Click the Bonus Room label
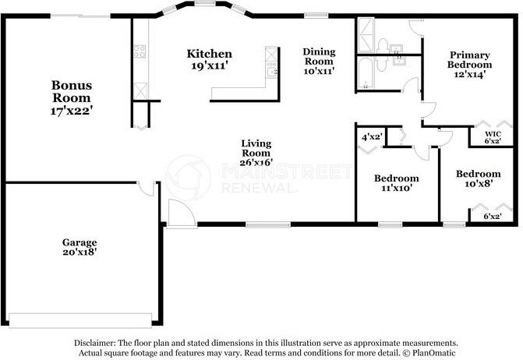point(72,98)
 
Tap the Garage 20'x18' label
point(79,247)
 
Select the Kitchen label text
point(209,59)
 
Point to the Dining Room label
point(318,61)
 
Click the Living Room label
point(256,153)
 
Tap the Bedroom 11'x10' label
point(397,182)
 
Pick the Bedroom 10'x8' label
point(478,179)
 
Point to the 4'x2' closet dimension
point(371,137)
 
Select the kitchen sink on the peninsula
point(270,72)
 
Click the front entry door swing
point(178,212)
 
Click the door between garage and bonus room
point(146,187)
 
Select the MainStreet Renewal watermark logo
point(187,176)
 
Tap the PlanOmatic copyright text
point(427,352)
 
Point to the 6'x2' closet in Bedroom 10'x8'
point(492,217)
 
